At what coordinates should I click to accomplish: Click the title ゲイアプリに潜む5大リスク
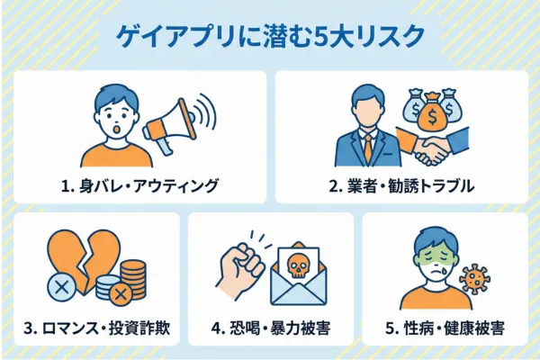tap(270, 38)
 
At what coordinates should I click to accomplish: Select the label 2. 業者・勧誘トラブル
tap(400, 186)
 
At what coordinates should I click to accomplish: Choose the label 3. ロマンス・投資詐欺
tap(95, 328)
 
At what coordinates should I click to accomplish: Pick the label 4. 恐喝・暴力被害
tap(271, 328)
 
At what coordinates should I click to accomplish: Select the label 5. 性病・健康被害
tap(445, 328)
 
